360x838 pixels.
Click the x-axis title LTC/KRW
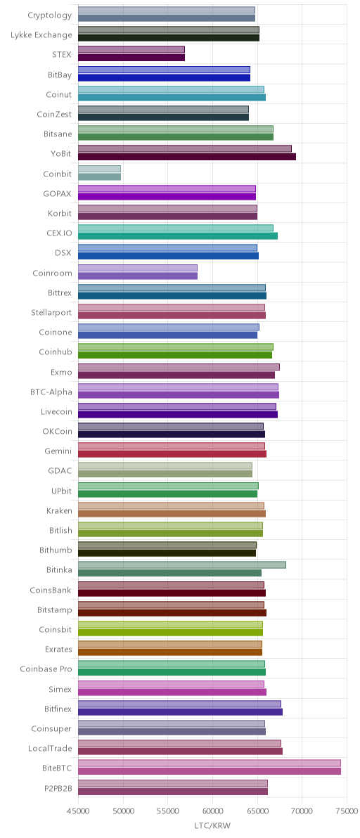[212, 826]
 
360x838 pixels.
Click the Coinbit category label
[57, 174]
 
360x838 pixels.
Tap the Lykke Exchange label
[41, 34]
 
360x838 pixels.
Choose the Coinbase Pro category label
[46, 669]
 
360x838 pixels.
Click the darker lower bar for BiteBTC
[210, 771]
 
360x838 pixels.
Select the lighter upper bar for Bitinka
[182, 565]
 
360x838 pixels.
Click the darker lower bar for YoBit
[187, 157]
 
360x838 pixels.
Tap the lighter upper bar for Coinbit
[99, 169]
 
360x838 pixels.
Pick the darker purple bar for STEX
[131, 58]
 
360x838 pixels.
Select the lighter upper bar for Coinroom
[138, 268]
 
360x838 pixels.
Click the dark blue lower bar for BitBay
[164, 77]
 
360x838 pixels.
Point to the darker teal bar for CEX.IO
[178, 236]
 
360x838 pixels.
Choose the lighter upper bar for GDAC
[165, 466]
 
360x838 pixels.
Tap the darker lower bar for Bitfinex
[180, 712]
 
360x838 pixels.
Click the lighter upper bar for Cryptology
[167, 10]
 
